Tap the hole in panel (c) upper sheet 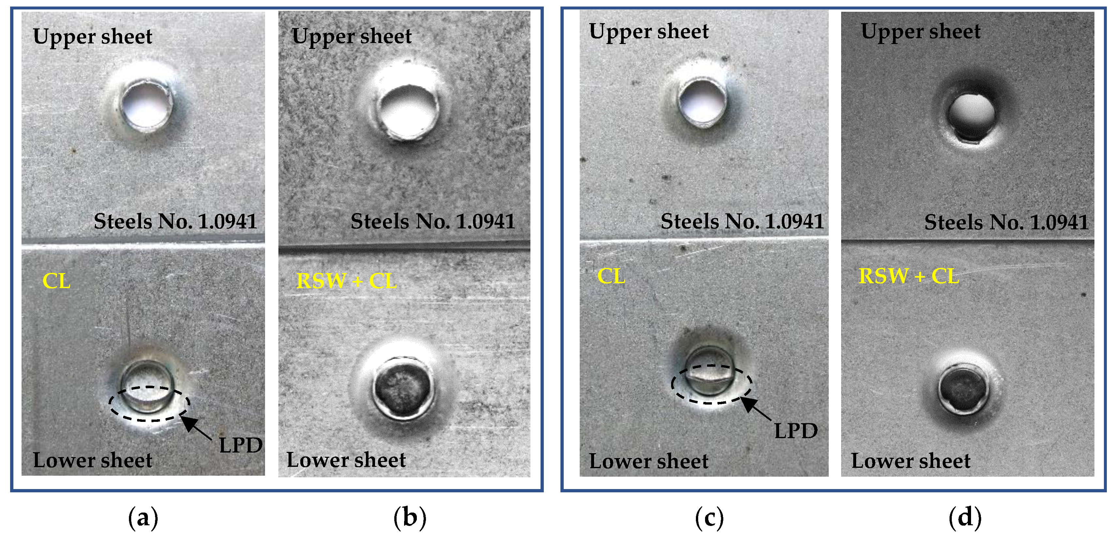(x=702, y=102)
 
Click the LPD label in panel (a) (x=240, y=445)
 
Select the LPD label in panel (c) (x=795, y=430)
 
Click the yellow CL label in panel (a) (x=56, y=281)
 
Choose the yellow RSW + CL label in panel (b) (x=346, y=281)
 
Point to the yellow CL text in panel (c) (x=611, y=276)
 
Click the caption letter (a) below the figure (x=143, y=517)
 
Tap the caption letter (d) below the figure (x=965, y=517)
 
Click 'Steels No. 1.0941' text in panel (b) (x=432, y=222)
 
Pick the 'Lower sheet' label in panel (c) (x=648, y=461)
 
